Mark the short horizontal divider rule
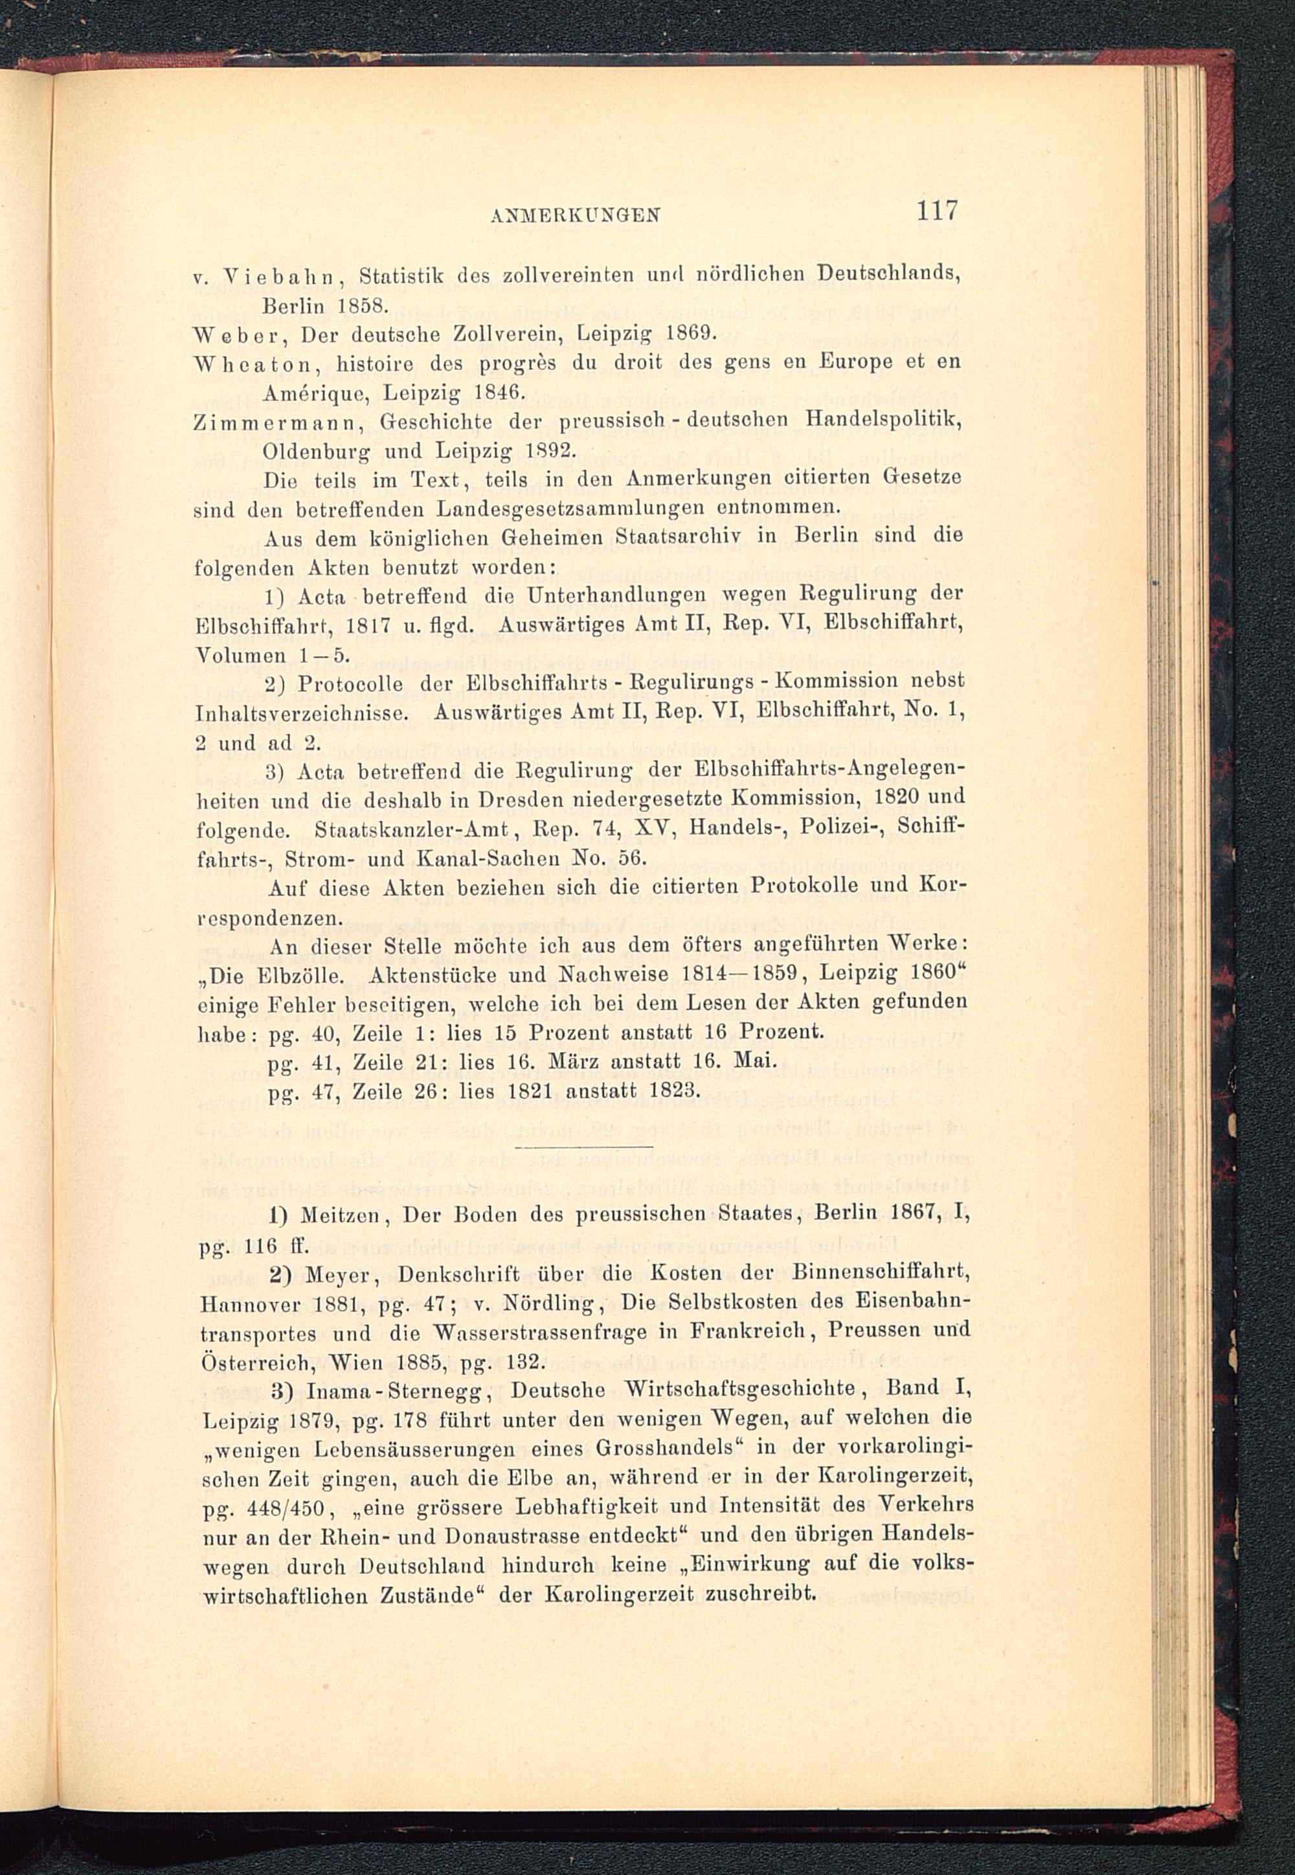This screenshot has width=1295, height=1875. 583,1147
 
